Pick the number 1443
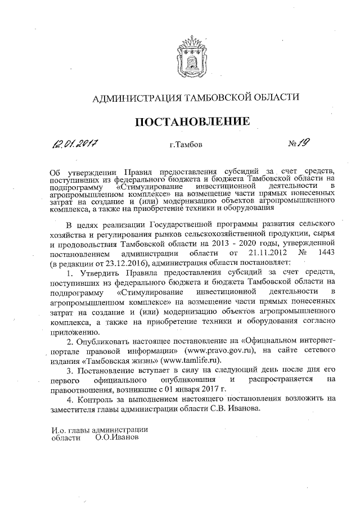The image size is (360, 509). [x=327, y=253]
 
